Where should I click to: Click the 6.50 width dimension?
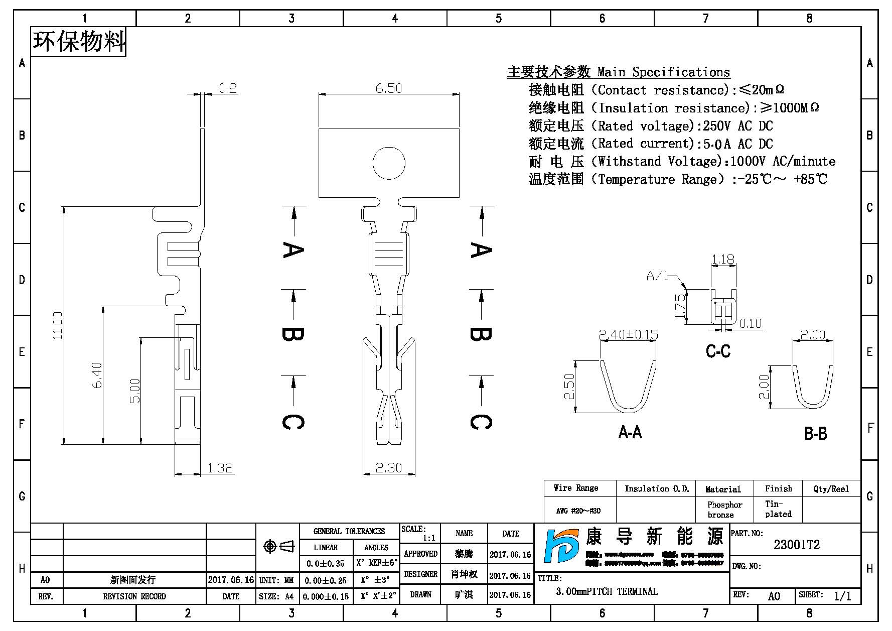coord(388,88)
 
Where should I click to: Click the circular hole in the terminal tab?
coord(389,163)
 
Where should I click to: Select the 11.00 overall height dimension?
coord(58,325)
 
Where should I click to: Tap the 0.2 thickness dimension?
coord(228,88)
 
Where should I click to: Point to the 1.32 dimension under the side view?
coord(220,468)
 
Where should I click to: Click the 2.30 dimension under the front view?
coord(389,468)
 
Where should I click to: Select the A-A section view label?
coord(630,432)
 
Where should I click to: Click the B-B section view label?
coord(815,434)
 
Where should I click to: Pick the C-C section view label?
coord(718,351)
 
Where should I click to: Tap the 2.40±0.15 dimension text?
coord(629,334)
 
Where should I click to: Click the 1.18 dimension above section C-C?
coord(723,260)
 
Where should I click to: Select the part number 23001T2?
coord(797,545)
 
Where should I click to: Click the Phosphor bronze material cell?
coord(724,510)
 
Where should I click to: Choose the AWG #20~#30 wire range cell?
coord(578,511)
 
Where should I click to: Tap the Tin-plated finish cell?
coord(778,509)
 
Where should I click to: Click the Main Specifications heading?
coord(618,72)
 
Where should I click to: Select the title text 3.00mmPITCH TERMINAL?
coord(607,592)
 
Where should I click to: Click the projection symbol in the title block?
coord(278,546)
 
